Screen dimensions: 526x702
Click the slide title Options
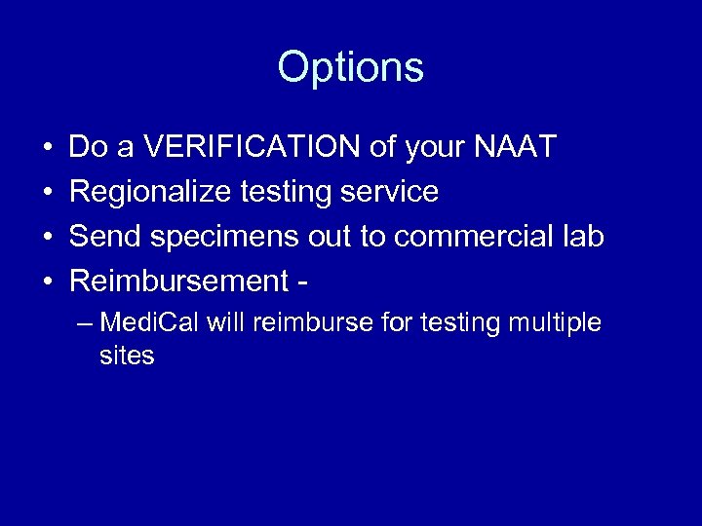coord(350,68)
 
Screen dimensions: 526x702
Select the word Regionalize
coord(151,192)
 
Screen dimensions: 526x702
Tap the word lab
coord(581,237)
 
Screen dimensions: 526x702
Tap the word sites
coord(127,356)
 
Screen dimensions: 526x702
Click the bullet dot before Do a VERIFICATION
coord(47,148)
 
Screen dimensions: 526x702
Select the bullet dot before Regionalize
coord(47,193)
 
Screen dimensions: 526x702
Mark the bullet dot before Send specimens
coord(47,238)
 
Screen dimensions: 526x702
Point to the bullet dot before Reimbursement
coord(47,282)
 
